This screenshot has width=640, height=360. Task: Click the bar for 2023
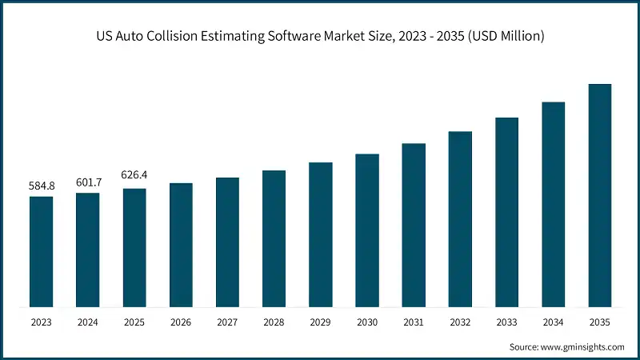tap(42, 251)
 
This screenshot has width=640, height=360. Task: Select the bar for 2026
tap(181, 245)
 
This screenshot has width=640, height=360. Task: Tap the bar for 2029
tap(321, 234)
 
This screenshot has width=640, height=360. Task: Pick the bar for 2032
tap(460, 218)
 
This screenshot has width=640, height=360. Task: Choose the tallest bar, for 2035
tap(600, 195)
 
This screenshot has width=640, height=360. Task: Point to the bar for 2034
tap(554, 204)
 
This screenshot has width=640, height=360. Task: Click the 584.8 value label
tap(42, 186)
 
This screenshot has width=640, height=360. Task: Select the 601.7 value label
tap(88, 182)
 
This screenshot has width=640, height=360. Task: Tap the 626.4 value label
tap(134, 174)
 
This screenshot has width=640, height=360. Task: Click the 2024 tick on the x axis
tap(88, 322)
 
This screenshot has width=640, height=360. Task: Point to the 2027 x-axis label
tap(227, 322)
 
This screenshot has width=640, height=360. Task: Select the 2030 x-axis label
tap(367, 322)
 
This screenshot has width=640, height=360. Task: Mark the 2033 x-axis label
tap(506, 322)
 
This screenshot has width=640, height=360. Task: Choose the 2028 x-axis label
tap(274, 322)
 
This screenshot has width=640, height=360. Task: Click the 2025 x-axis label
tap(134, 322)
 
